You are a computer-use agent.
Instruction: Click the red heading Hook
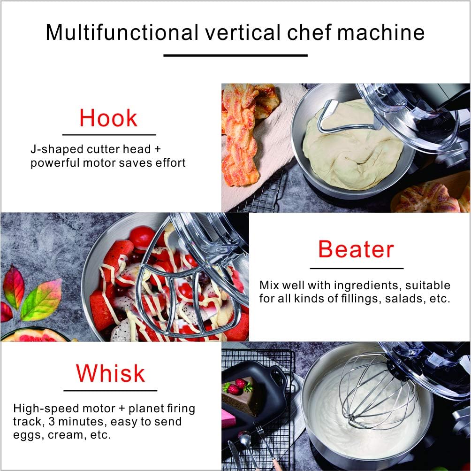pyautogui.click(x=108, y=118)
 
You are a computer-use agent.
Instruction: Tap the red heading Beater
pyautogui.click(x=356, y=249)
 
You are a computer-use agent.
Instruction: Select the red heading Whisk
pyautogui.click(x=110, y=373)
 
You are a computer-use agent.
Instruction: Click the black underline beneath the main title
pyautogui.click(x=235, y=55)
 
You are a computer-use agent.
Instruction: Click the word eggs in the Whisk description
pyautogui.click(x=27, y=434)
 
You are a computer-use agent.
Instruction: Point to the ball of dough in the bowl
pyautogui.click(x=352, y=146)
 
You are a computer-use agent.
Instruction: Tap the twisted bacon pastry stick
pyautogui.click(x=240, y=136)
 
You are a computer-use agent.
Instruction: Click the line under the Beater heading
pyautogui.click(x=357, y=268)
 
